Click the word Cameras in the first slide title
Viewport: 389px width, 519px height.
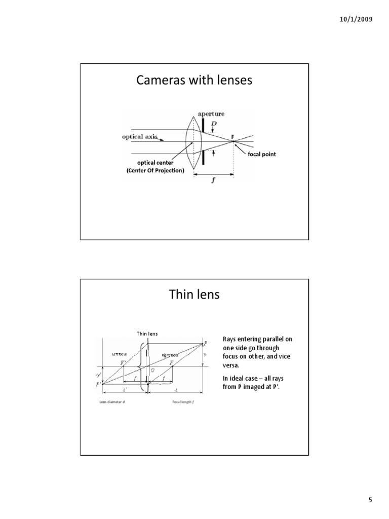point(159,81)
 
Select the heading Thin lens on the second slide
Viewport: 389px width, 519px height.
point(194,294)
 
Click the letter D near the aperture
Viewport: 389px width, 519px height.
point(214,124)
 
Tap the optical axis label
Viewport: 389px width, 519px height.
point(140,136)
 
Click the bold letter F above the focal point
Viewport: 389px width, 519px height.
point(233,137)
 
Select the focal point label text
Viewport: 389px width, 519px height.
point(262,154)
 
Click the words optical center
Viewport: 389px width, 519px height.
point(154,163)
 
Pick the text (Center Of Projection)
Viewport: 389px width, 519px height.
point(155,171)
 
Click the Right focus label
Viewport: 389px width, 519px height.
point(171,355)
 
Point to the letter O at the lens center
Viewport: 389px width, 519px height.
point(152,370)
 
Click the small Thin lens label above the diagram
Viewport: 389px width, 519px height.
point(146,333)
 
